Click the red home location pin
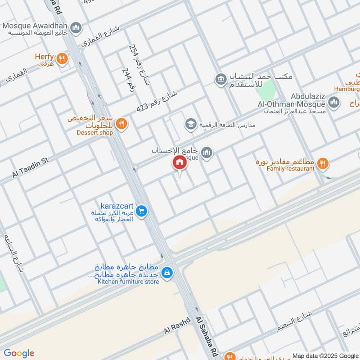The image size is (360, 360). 180,162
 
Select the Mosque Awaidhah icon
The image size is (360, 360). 76,27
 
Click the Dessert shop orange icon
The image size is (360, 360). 121,123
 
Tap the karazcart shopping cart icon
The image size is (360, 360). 141,211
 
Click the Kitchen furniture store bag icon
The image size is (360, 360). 167,273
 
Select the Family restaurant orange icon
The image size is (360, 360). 322,164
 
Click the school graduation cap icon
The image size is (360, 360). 191,124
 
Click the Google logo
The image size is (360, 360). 19,353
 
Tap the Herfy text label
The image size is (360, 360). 45,57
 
